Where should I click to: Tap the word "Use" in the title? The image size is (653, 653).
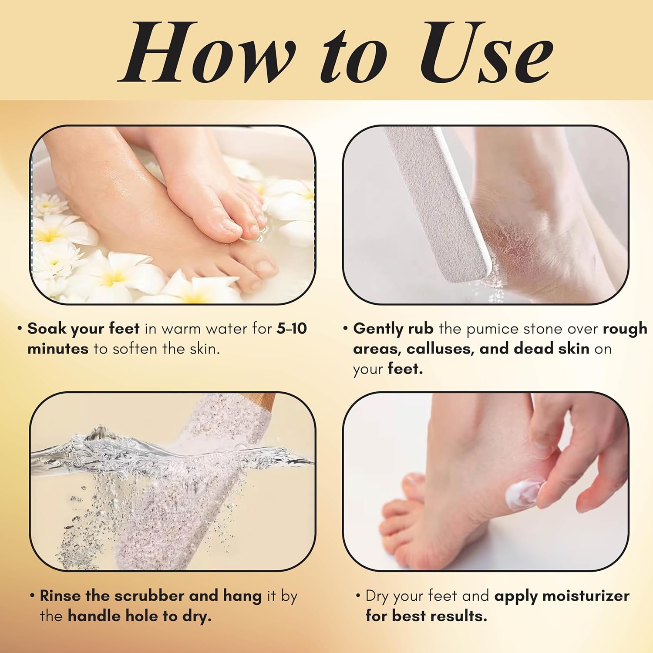coord(487,52)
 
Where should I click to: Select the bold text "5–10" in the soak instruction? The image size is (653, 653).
coord(292,329)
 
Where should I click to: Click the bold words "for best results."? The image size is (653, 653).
coord(426,616)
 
